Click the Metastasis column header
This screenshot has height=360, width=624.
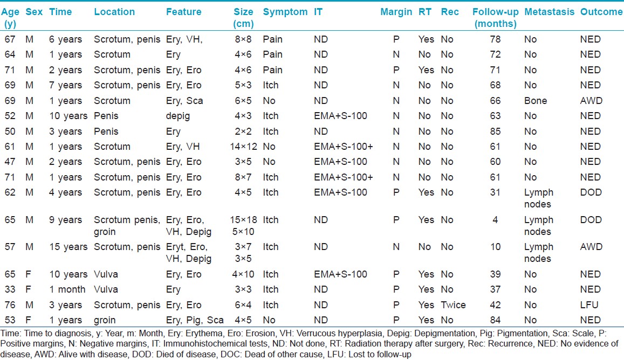(x=549, y=12)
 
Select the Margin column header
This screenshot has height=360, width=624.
(x=396, y=12)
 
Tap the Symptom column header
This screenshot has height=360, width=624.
(x=285, y=12)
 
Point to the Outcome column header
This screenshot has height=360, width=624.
(x=601, y=12)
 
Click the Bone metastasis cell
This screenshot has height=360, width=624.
(x=535, y=101)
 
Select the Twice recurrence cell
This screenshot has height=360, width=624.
(x=453, y=305)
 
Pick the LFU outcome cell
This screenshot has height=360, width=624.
(x=589, y=305)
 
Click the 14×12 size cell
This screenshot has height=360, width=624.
(x=243, y=147)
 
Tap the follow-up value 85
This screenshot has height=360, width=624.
(x=495, y=131)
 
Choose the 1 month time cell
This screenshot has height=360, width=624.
(x=67, y=289)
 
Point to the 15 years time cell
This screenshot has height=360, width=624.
(x=68, y=247)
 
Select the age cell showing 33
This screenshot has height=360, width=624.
(x=10, y=289)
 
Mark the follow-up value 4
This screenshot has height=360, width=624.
(x=495, y=220)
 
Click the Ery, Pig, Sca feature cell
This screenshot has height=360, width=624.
(x=195, y=320)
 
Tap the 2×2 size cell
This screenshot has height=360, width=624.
(x=243, y=131)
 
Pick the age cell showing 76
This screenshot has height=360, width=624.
(x=10, y=305)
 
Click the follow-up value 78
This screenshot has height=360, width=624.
(x=495, y=39)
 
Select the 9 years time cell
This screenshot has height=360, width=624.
(x=66, y=220)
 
